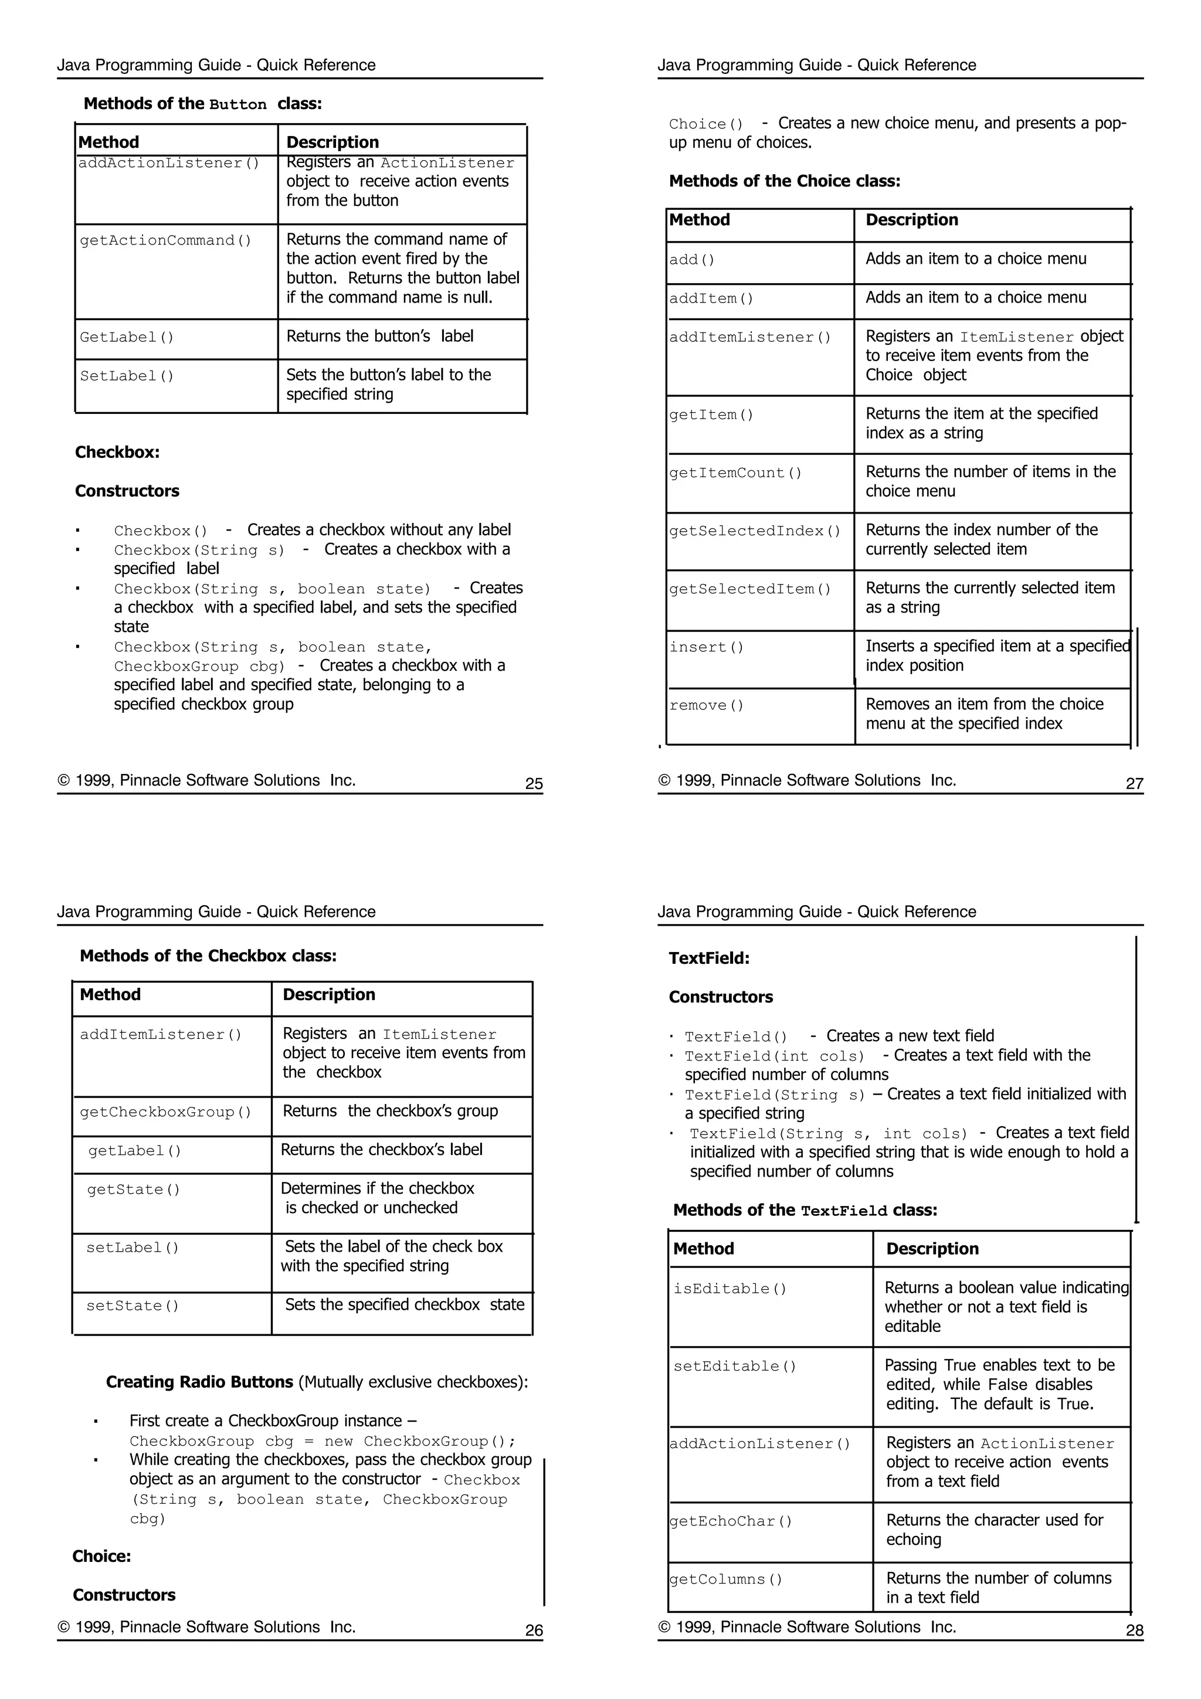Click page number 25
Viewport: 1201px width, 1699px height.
pyautogui.click(x=534, y=784)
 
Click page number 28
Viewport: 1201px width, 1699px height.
pyautogui.click(x=1134, y=1630)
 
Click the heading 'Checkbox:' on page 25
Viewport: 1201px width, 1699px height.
pyautogui.click(x=117, y=452)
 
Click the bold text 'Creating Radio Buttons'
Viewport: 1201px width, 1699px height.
pyautogui.click(x=200, y=1382)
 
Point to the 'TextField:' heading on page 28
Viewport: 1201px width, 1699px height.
pyautogui.click(x=709, y=959)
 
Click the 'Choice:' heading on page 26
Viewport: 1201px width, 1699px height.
pyautogui.click(x=101, y=1556)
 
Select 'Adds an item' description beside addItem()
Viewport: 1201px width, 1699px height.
pyautogui.click(x=975, y=297)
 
